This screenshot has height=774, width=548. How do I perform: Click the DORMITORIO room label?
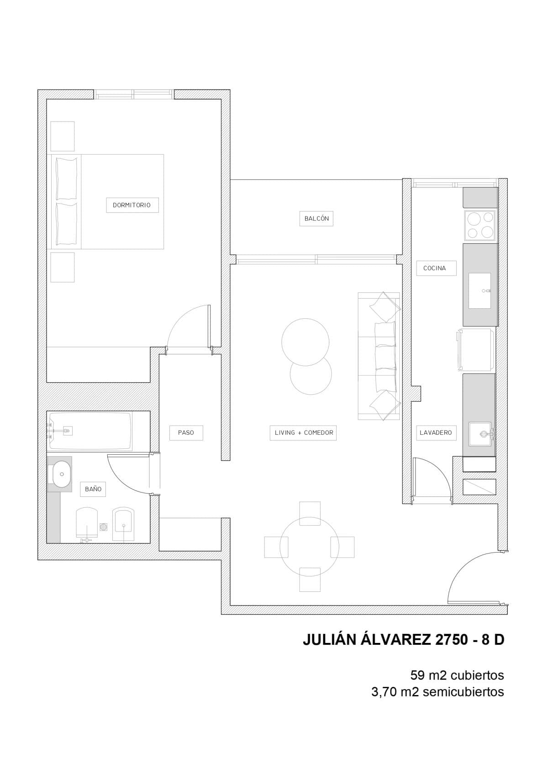(x=132, y=205)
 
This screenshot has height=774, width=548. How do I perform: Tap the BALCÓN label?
(x=316, y=218)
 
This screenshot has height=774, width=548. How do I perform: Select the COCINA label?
(x=435, y=268)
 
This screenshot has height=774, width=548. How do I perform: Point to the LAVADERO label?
(x=436, y=432)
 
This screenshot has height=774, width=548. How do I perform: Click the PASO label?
(x=186, y=432)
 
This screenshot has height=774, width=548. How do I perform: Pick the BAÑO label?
(x=93, y=489)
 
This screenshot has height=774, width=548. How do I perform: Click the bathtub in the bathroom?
(x=90, y=431)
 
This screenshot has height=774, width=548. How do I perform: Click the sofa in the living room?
(x=379, y=356)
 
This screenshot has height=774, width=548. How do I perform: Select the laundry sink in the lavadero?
(x=480, y=434)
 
